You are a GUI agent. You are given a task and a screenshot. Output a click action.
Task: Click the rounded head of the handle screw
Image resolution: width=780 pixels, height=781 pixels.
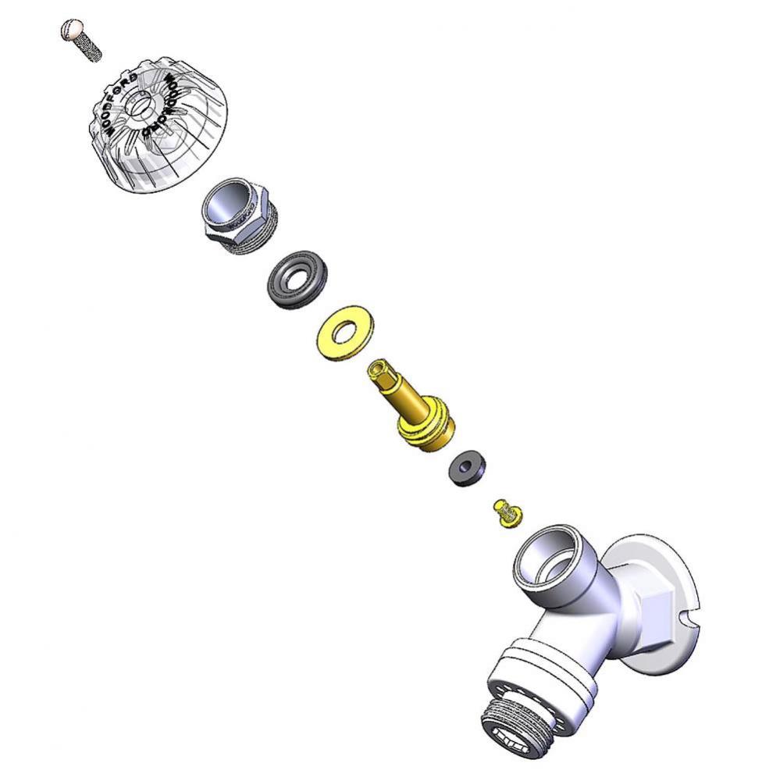[x=71, y=31]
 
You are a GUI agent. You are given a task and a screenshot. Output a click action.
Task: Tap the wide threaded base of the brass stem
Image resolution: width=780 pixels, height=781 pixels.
[x=427, y=426]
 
